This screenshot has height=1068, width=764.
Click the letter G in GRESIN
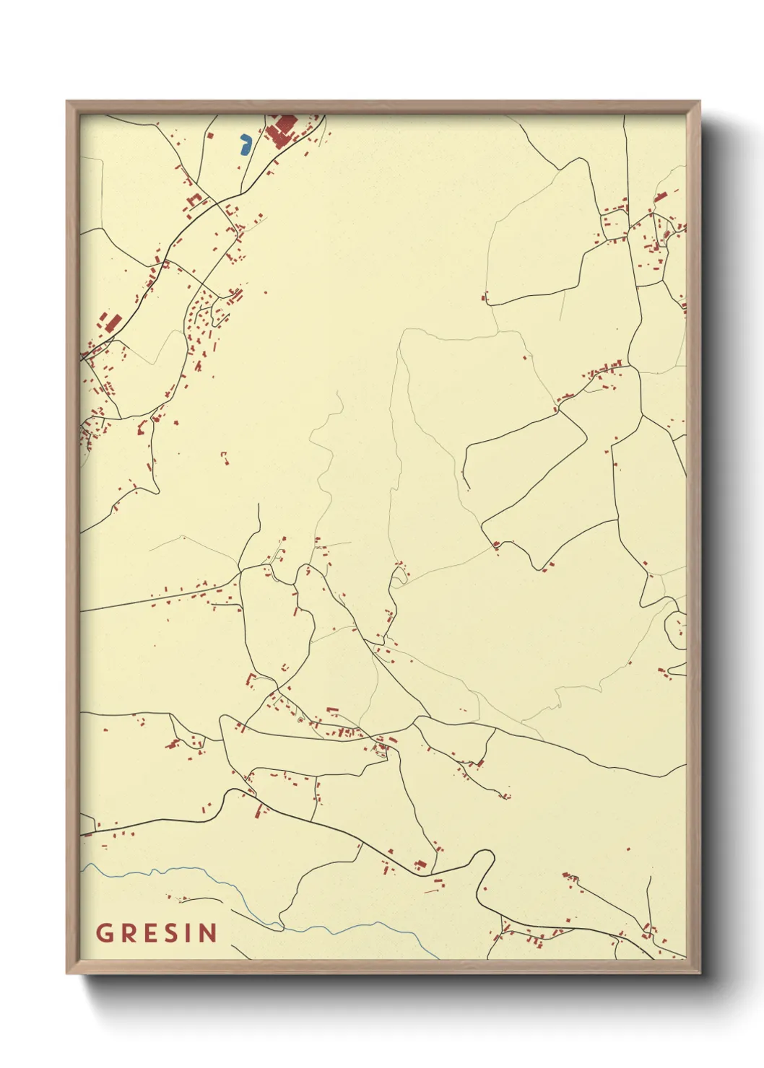click(x=104, y=933)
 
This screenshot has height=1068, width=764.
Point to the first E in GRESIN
click(x=148, y=933)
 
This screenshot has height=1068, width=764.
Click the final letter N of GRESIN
click(x=207, y=933)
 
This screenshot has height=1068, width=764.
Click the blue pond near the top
click(x=245, y=144)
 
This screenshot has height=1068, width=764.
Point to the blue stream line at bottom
click(x=217, y=880)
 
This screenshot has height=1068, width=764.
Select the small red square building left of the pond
click(x=210, y=135)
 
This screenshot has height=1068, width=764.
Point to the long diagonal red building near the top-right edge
click(x=660, y=196)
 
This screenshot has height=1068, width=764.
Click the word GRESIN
click(x=156, y=933)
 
